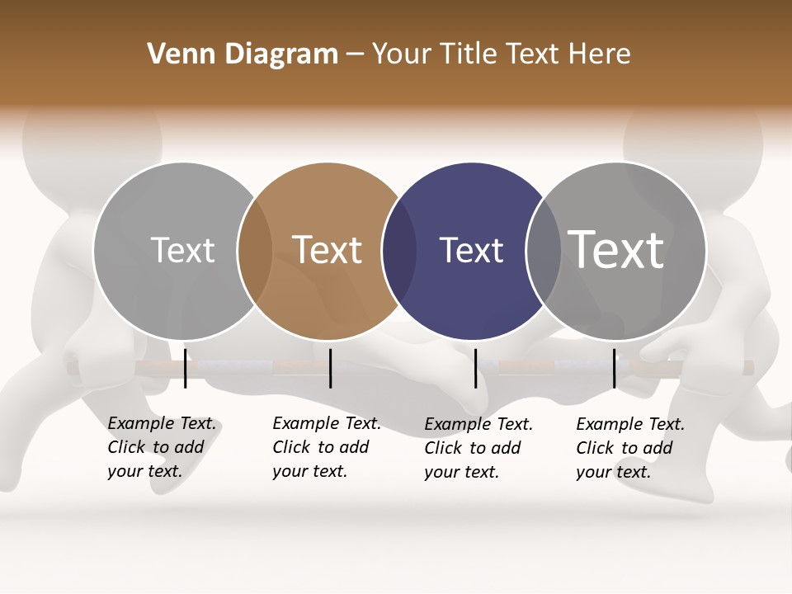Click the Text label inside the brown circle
(x=328, y=250)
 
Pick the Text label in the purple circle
(x=471, y=250)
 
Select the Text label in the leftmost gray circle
(x=182, y=250)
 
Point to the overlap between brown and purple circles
(x=400, y=252)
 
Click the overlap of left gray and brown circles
(x=255, y=252)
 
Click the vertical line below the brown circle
(x=330, y=368)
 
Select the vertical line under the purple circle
(x=475, y=368)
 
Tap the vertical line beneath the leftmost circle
(x=186, y=368)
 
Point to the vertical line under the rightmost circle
(x=614, y=368)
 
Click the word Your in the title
(x=402, y=54)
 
